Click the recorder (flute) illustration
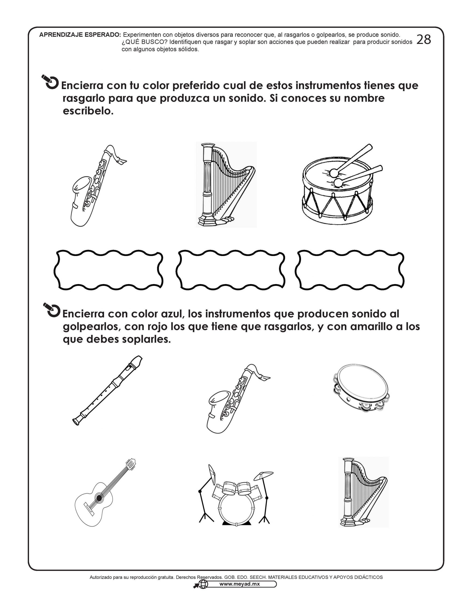tap(108, 391)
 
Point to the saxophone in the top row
tap(98, 186)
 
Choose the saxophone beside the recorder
tap(238, 399)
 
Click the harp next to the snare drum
tap(226, 185)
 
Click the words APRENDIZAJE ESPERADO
tap(80, 35)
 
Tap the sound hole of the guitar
tap(99, 498)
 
